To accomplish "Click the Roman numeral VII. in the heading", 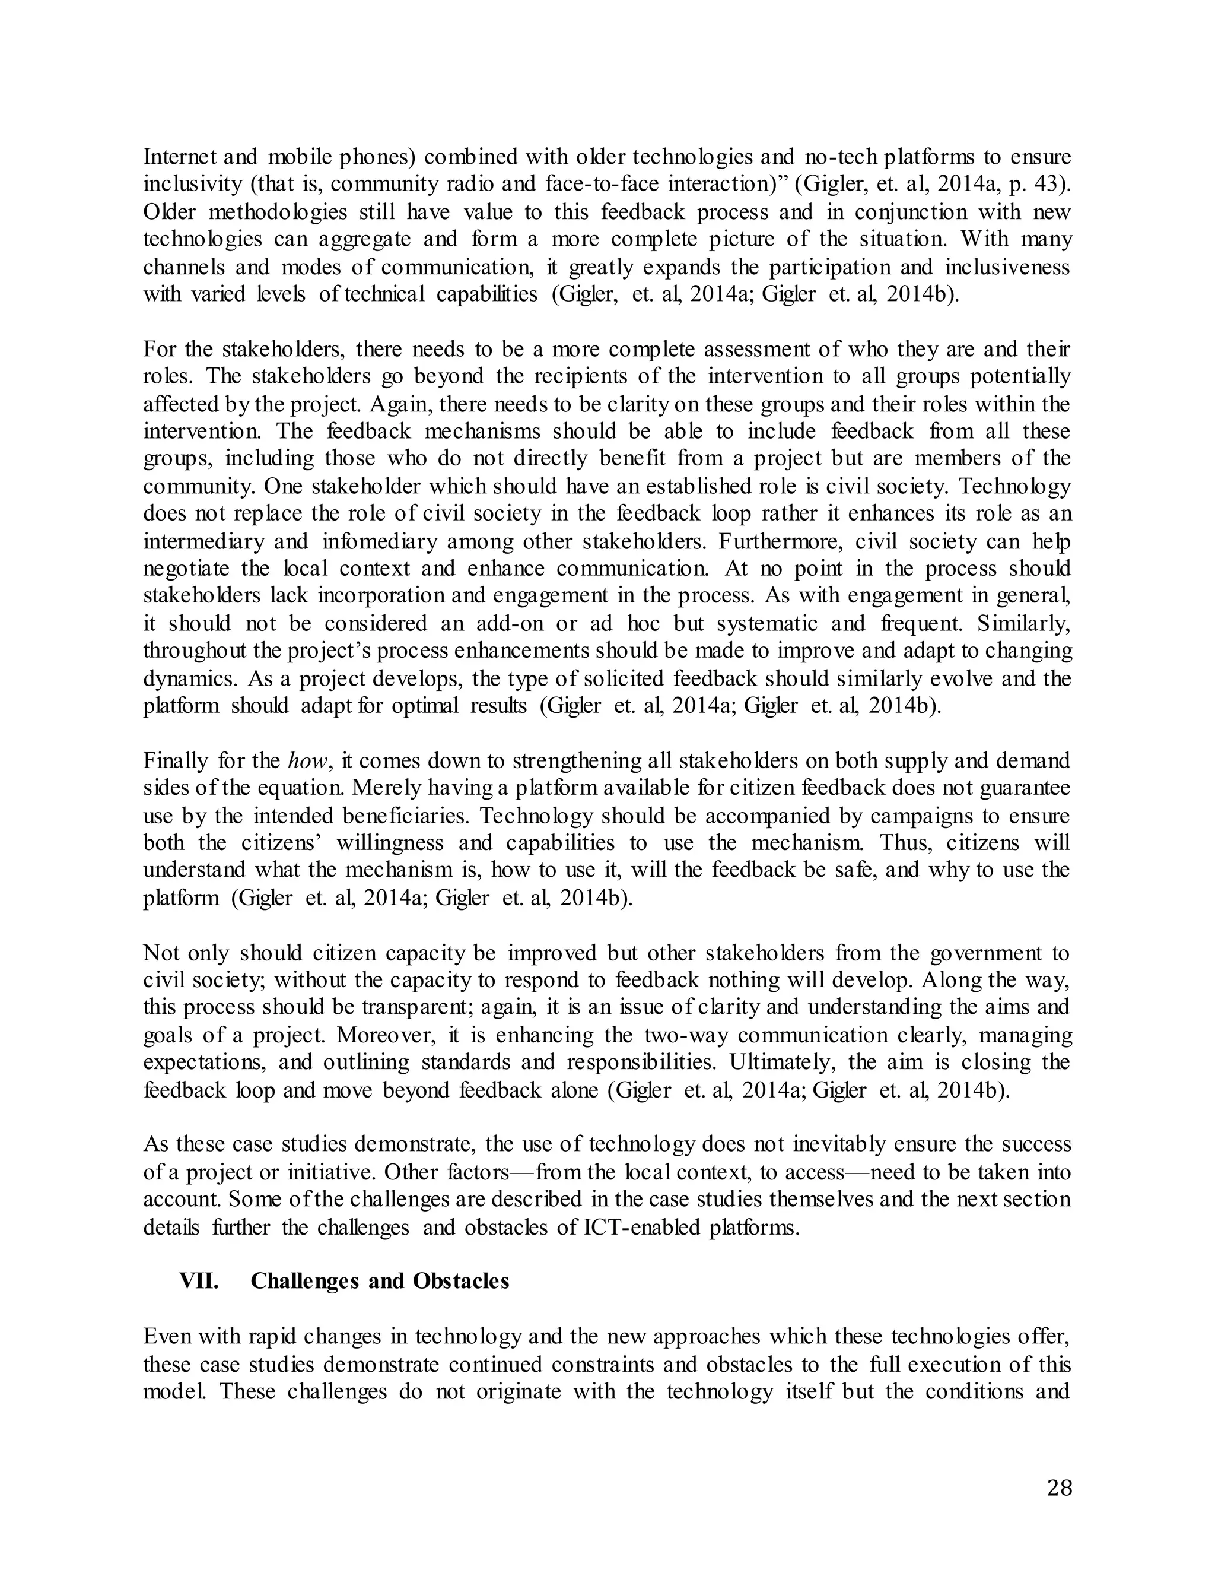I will coord(199,1282).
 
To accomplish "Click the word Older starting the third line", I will coord(170,212).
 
